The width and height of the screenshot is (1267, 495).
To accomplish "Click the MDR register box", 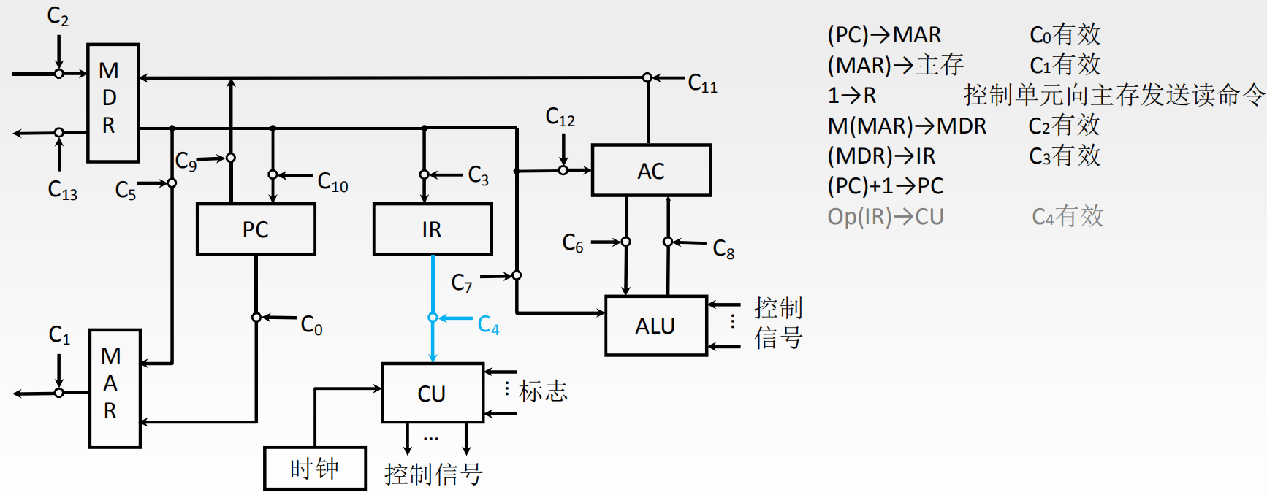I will pos(113,102).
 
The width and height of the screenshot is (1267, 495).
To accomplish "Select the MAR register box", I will pos(114,388).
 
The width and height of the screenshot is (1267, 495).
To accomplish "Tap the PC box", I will pos(256,229).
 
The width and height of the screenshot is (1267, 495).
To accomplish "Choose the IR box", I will pos(432,229).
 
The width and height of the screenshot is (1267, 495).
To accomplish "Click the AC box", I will pos(650,171).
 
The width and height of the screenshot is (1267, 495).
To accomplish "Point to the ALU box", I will pos(655,326).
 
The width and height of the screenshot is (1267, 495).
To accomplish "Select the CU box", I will pos(432,393).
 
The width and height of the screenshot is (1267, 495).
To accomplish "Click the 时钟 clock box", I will pos(314,468).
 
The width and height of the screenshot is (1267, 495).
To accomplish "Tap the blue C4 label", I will pos(488,325).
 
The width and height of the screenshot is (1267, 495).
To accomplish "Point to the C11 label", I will pos(702,84).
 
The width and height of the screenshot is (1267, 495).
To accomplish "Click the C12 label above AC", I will pos(560,117).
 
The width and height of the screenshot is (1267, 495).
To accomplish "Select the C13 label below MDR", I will pos(62,190).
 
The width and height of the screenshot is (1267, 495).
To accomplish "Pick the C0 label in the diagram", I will pos(311,325).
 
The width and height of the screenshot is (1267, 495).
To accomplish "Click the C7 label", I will pos(462,283).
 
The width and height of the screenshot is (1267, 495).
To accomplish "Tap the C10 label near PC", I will pos(332,182).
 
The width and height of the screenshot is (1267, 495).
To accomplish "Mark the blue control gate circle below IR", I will pos(433,318).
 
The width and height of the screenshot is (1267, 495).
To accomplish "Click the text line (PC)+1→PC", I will pos(885,186).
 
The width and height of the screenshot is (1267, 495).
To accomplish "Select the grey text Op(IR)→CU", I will pos(885,217).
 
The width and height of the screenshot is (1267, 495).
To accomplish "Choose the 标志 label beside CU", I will pos(543,391).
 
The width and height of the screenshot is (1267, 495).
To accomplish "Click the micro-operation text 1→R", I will pos(851,96).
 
